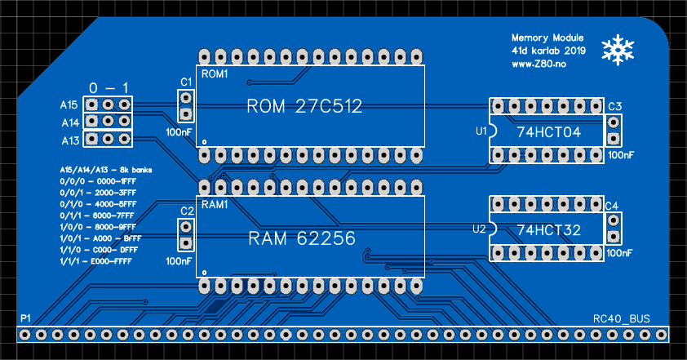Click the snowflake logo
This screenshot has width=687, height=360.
pos(618,50)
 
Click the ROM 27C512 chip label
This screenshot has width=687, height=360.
pos(304,107)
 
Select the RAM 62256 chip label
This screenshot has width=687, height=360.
pos(302,238)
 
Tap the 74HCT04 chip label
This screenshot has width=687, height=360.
pos(548,131)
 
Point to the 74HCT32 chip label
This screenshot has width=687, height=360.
pos(548,230)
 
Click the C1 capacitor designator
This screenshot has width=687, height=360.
pos(186,82)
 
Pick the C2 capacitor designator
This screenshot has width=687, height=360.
pos(186,211)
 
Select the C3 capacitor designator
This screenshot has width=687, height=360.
pos(614,107)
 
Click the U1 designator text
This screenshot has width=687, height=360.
pos(481,131)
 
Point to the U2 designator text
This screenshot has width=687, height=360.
pos(480,229)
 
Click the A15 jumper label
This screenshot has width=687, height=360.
pos(69,105)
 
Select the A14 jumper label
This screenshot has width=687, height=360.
pos(69,122)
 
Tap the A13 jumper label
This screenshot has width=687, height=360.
pos(69,140)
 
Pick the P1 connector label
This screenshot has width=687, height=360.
pos(26,317)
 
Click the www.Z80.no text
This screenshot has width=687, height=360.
pos(539,63)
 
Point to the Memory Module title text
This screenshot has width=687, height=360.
pos(547,38)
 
